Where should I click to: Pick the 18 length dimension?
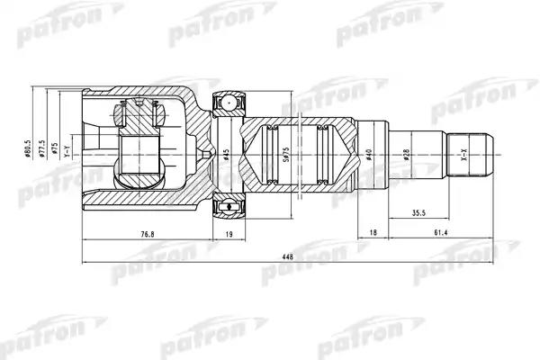pos(373,235)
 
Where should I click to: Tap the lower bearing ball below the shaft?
pos(228,208)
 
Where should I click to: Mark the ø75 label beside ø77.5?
pos(54,148)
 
